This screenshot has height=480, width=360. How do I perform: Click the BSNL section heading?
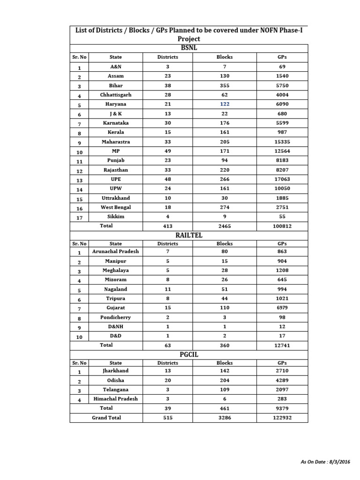point(189,48)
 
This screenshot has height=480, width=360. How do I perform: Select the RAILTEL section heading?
point(189,235)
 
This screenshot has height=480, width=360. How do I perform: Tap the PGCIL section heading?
point(189,354)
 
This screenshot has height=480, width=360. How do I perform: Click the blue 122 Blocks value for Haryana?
point(225,104)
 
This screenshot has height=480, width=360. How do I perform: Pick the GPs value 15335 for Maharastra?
point(282,142)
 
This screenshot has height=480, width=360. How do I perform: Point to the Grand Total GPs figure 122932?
point(282,418)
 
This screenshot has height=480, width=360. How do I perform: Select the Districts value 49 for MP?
point(167,151)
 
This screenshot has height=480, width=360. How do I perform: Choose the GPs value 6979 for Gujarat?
point(282,308)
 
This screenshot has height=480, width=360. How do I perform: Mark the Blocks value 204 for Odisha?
point(225,380)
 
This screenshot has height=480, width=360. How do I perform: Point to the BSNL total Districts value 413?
point(167,226)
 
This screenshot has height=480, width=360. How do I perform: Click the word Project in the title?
point(189,39)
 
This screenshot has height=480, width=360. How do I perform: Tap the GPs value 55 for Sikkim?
point(282,217)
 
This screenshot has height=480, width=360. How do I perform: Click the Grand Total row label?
point(106,418)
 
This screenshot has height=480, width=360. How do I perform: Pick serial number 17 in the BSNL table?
point(80,217)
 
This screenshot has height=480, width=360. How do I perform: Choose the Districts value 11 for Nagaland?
point(167,289)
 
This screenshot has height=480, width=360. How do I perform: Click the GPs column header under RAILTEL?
point(282,244)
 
